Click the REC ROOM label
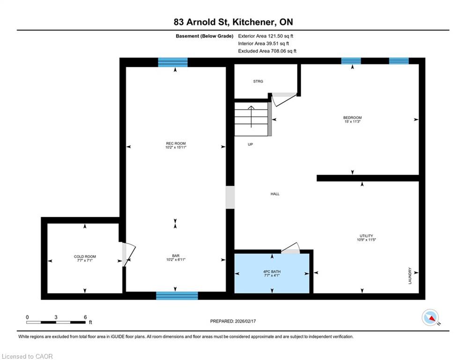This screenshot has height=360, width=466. (176, 143)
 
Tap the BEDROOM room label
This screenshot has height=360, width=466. (353, 118)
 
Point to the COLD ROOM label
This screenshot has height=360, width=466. (85, 256)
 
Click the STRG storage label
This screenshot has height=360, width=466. (258, 81)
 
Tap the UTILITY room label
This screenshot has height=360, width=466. (366, 236)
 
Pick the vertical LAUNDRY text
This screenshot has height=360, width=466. (410, 276)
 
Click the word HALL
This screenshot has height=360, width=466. (275, 194)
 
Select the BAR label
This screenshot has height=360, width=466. (176, 255)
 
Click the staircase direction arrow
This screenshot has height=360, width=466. (251, 117)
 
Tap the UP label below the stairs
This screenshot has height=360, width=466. (250, 144)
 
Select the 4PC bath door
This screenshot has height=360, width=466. (291, 249)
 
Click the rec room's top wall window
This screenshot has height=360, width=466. (173, 62)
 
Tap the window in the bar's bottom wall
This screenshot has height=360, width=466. (177, 296)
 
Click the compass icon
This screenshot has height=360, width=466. (430, 317)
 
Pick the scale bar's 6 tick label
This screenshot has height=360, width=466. (85, 317)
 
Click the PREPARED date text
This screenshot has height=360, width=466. (233, 321)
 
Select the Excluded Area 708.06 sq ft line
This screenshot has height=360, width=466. (267, 51)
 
